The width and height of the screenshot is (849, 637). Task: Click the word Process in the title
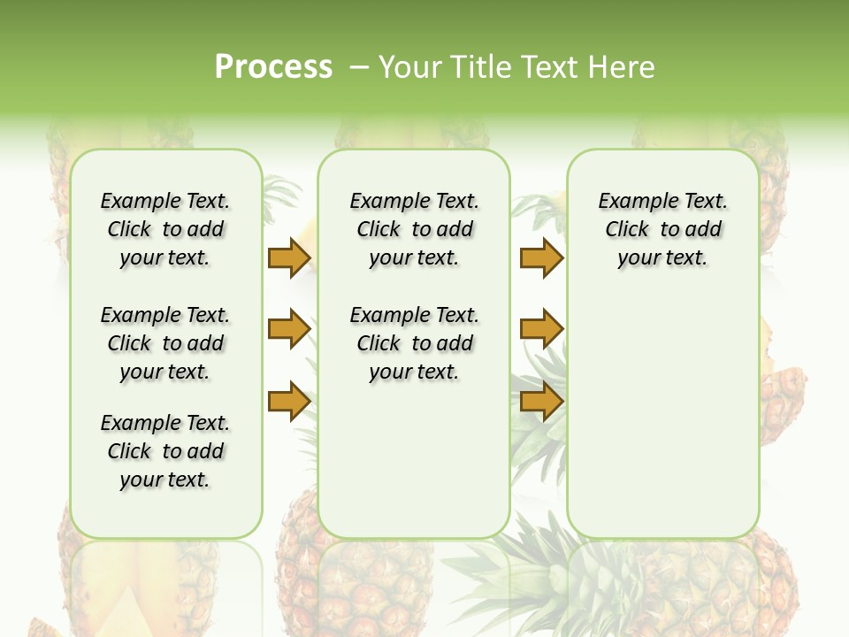point(273,67)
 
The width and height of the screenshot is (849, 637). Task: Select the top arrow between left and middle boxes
point(288,258)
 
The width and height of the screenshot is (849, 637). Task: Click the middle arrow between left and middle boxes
point(288,329)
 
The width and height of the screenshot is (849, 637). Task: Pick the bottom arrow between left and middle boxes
point(288,401)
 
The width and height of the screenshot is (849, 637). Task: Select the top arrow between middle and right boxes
point(541,258)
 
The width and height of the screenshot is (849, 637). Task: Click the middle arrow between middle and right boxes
point(541,329)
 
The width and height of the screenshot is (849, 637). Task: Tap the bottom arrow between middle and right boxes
point(541,401)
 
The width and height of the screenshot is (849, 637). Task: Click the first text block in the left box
point(165,229)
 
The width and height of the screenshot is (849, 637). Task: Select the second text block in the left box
point(165,343)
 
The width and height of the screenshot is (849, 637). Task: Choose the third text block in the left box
point(165,451)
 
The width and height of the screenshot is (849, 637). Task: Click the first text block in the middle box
point(414,229)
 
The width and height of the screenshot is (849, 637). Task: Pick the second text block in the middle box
point(414,343)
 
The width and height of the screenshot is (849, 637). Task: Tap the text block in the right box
point(662,229)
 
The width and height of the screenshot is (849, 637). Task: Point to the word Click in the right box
point(627,230)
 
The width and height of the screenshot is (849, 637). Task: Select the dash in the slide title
point(360,67)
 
